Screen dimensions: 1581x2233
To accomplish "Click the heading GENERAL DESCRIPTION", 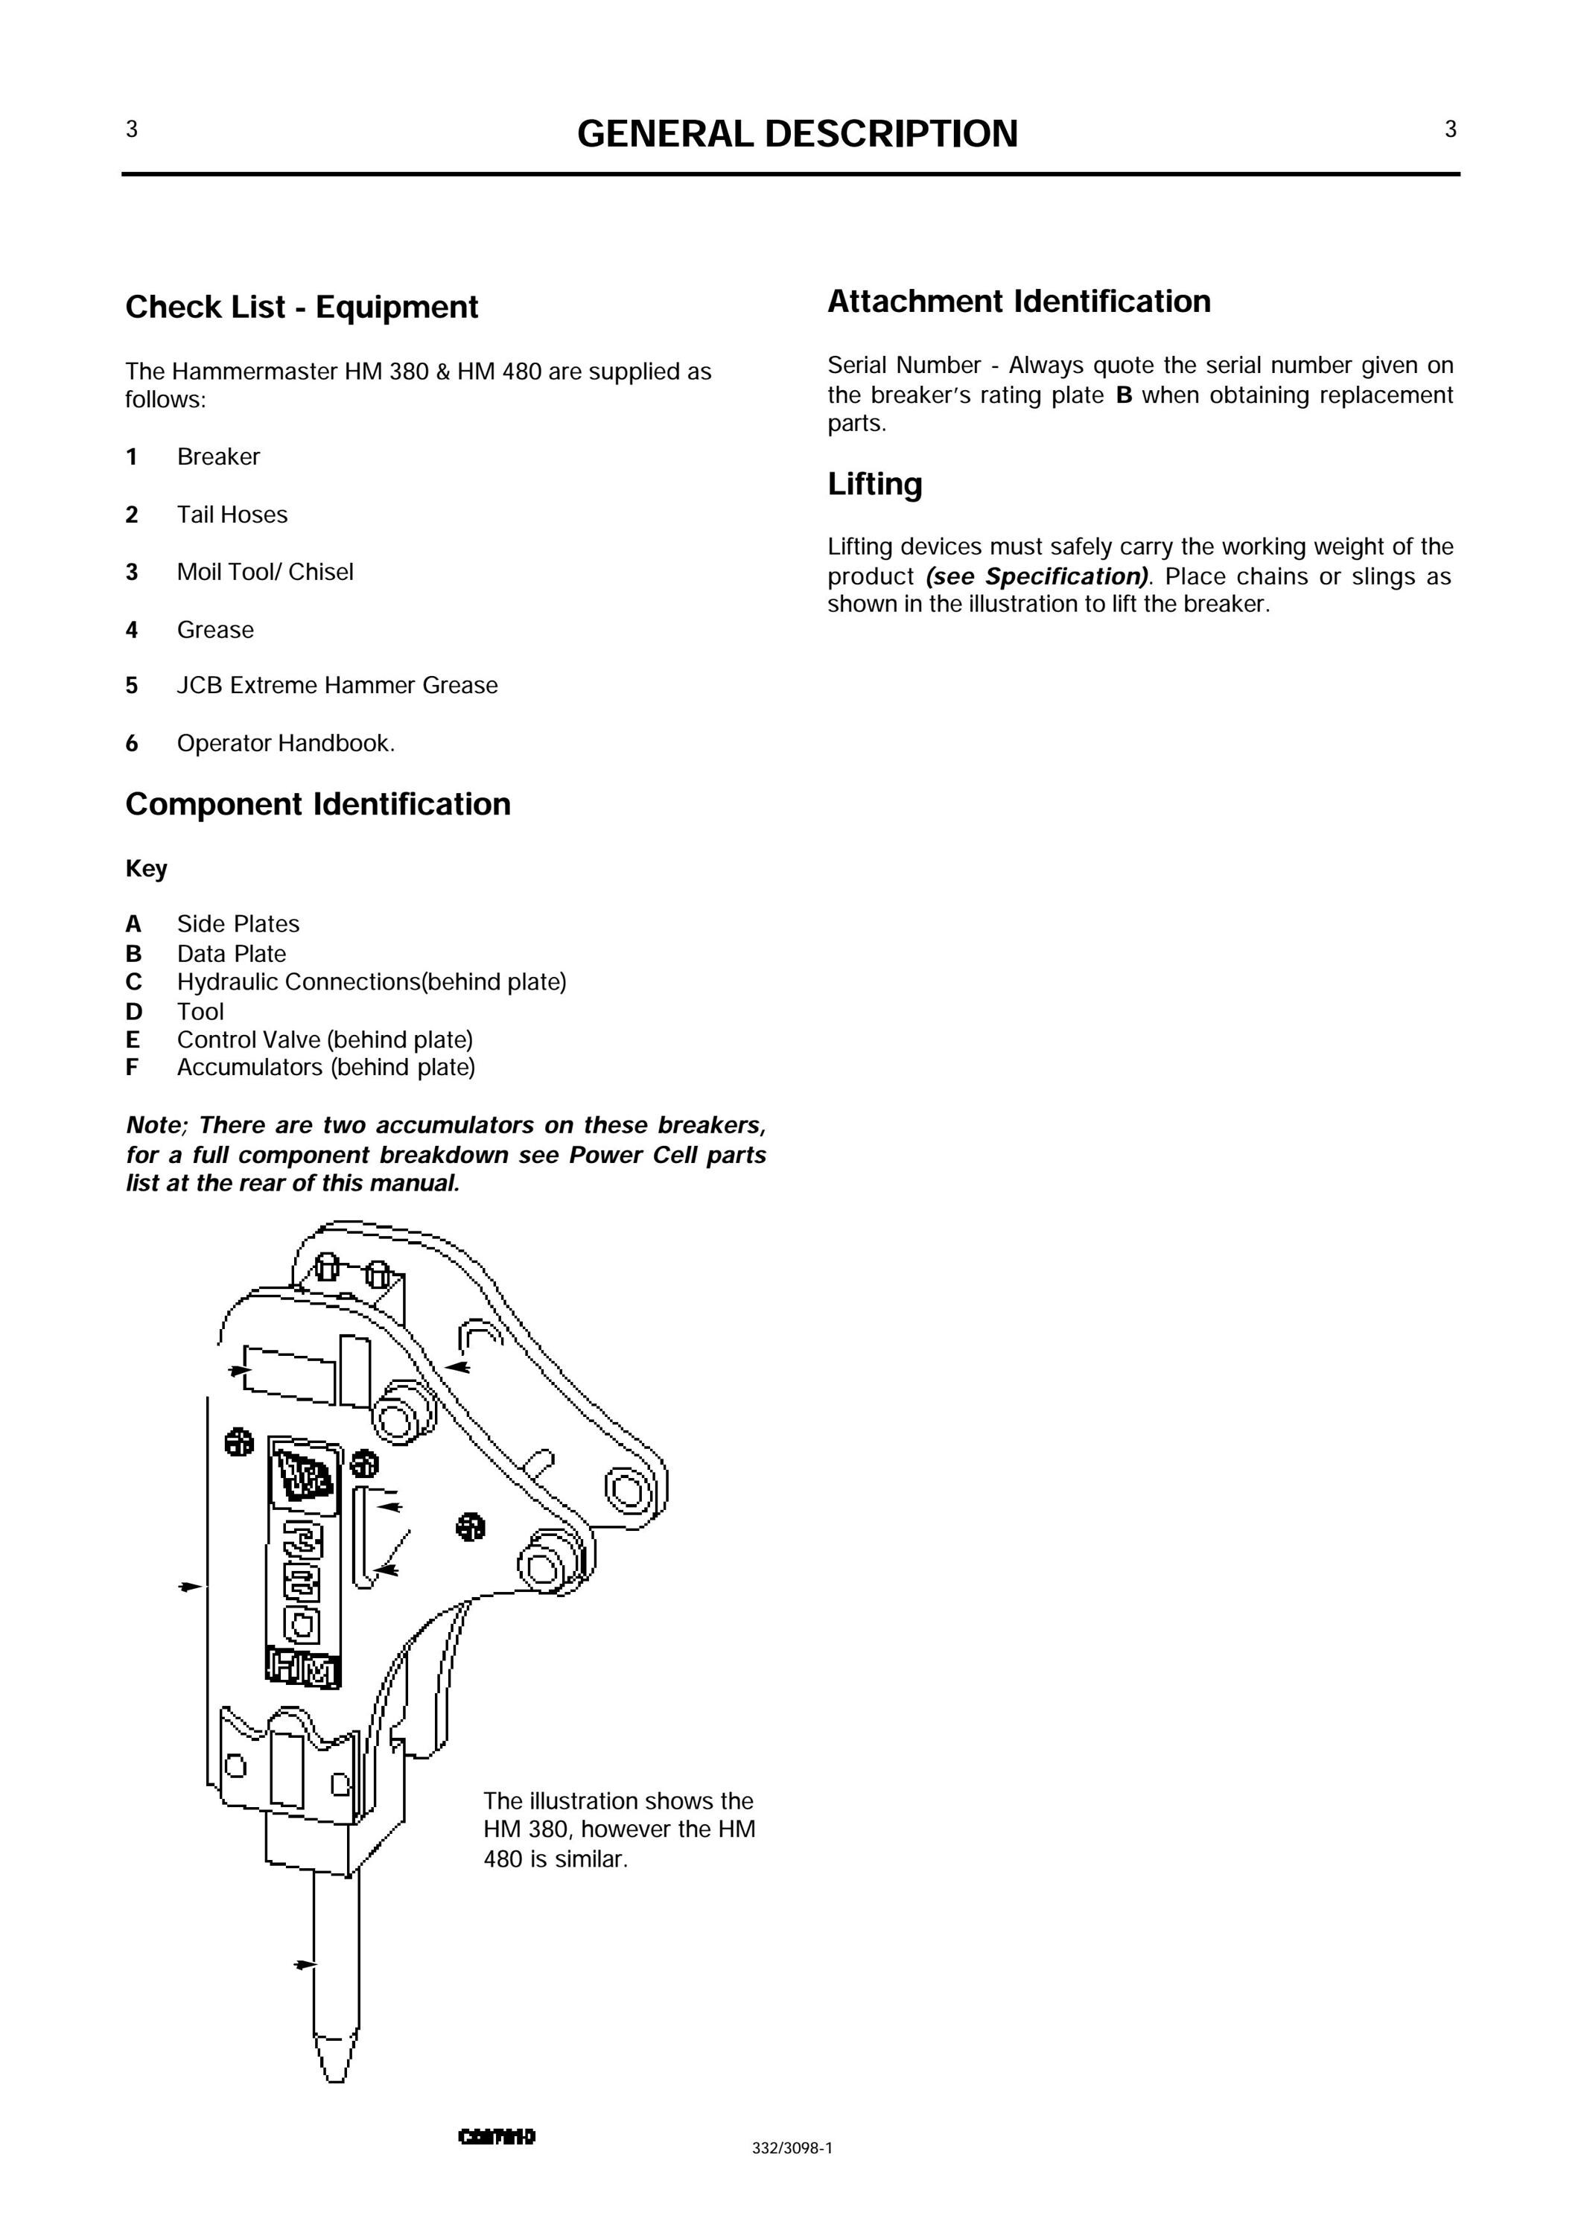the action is click(798, 134).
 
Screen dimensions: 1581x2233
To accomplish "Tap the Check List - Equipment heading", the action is click(302, 308).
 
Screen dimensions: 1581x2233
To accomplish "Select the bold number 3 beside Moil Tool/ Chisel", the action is click(131, 573).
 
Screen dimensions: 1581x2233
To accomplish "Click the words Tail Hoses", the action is click(232, 515).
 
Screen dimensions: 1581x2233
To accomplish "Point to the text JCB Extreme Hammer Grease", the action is click(337, 685).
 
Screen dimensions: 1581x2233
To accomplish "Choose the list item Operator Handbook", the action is click(286, 744).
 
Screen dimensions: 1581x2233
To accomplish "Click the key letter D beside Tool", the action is click(133, 1013).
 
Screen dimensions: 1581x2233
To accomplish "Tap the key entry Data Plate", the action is click(232, 954).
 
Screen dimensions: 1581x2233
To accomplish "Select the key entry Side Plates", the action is click(238, 924).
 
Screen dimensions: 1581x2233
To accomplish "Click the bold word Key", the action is click(146, 868).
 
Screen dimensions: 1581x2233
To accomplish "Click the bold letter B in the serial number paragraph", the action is click(1124, 395).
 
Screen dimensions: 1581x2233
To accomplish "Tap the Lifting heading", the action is click(875, 485).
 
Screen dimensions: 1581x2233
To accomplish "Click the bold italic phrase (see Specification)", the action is click(1038, 576).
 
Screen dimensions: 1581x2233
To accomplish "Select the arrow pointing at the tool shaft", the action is click(305, 1965).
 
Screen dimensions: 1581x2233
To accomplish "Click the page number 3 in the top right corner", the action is click(1451, 130).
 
